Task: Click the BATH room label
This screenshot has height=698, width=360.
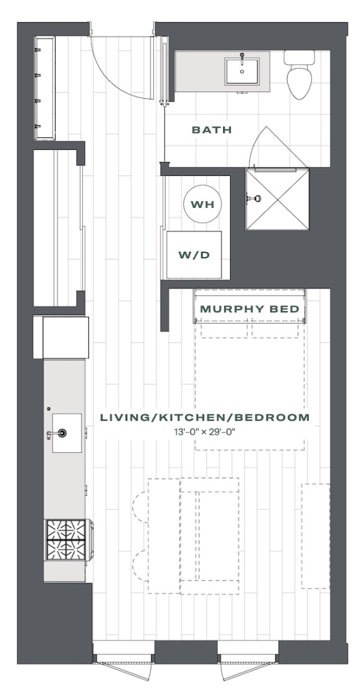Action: (x=212, y=130)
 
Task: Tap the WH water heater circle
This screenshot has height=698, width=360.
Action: (x=202, y=204)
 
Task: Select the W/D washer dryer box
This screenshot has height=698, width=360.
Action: (x=194, y=255)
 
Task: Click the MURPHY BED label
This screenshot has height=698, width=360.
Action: (x=250, y=309)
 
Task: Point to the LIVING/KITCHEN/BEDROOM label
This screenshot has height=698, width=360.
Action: (x=205, y=418)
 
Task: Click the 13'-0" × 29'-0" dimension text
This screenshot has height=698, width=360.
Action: (x=205, y=431)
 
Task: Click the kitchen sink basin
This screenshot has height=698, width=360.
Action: (x=67, y=433)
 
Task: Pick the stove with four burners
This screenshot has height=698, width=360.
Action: (x=68, y=540)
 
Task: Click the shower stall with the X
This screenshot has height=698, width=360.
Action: (x=277, y=199)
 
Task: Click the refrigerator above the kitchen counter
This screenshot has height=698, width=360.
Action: (x=61, y=337)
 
